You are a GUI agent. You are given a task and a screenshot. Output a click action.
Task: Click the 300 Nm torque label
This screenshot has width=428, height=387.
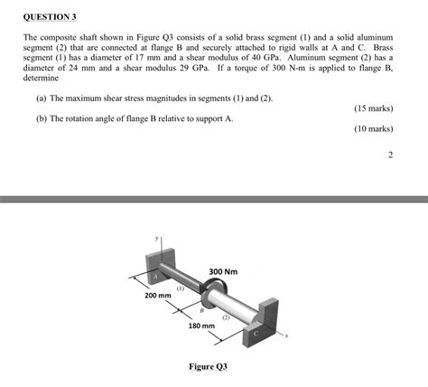(x=223, y=271)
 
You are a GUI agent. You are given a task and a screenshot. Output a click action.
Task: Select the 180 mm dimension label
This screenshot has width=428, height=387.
(x=200, y=326)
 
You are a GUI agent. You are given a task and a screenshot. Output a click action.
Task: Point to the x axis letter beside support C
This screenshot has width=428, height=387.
(x=286, y=338)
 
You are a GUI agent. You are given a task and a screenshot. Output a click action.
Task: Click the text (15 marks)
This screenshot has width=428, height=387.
(x=374, y=109)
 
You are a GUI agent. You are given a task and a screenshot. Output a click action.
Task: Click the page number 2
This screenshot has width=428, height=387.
(x=390, y=155)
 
